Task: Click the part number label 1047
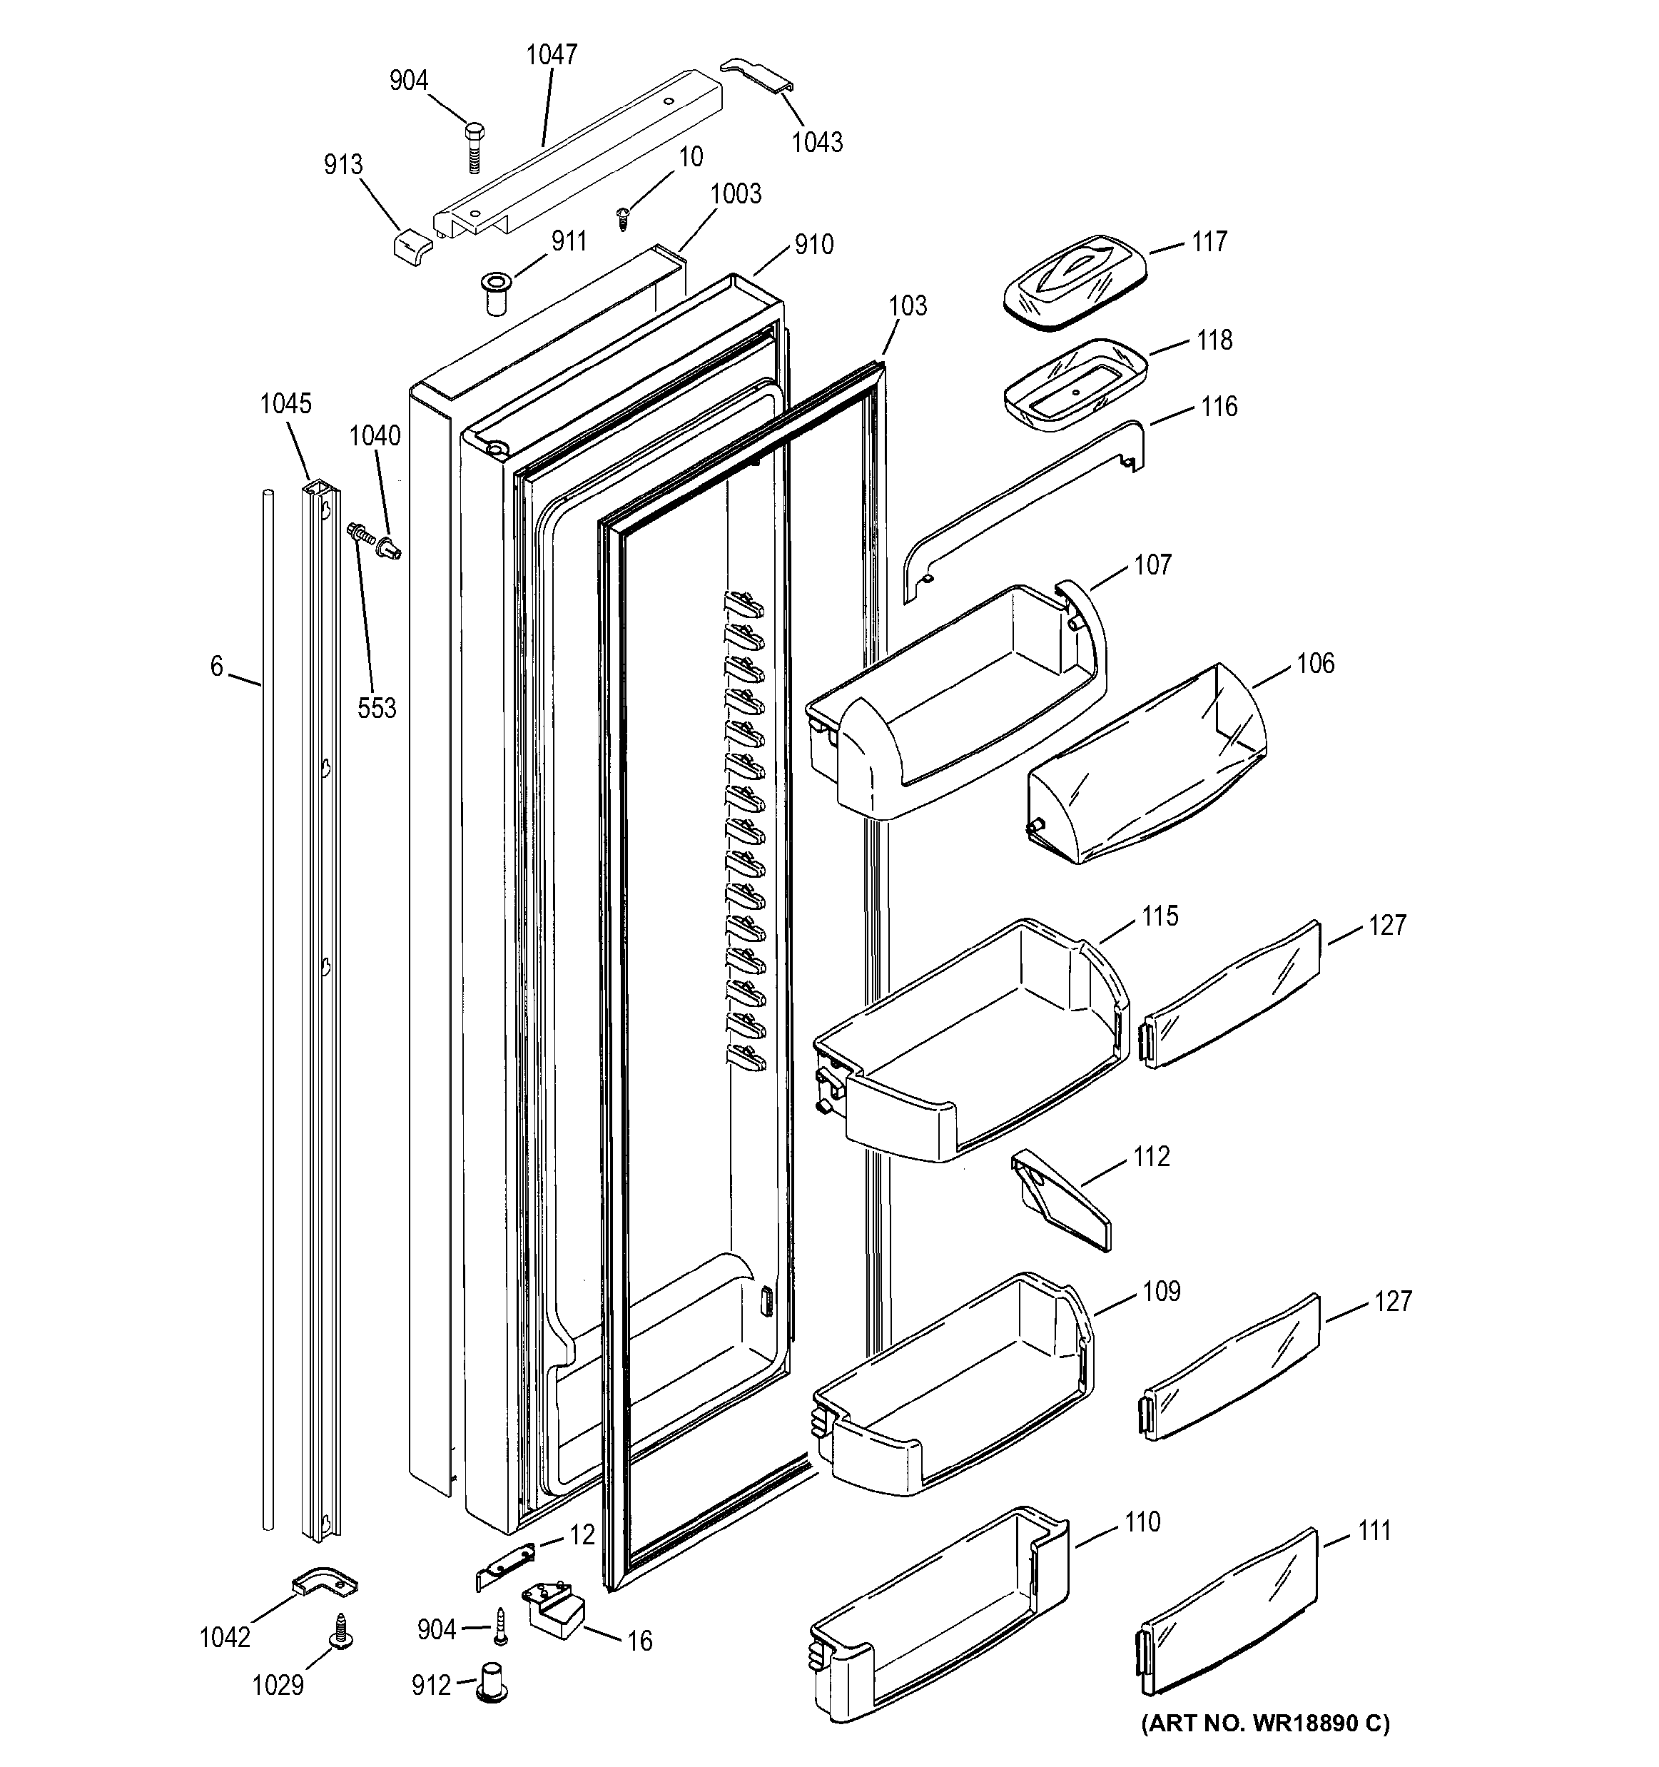coord(551,55)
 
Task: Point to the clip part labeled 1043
coord(756,76)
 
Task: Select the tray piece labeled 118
coord(1075,388)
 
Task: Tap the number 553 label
coord(377,709)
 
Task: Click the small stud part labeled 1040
coord(390,547)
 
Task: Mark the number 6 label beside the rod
coord(216,666)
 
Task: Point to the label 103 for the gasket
coord(907,305)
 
